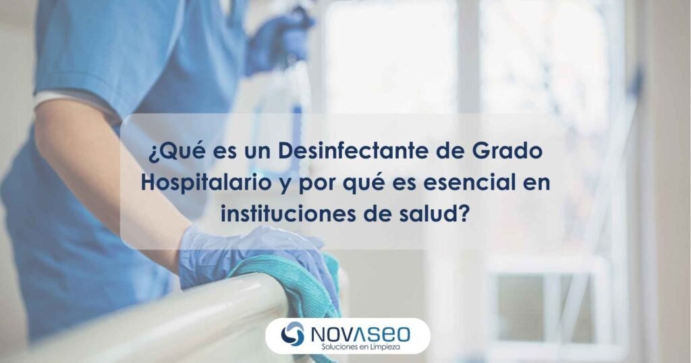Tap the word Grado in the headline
pos(507,151)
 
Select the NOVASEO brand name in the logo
pos(360,335)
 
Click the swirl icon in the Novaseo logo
pos(292,333)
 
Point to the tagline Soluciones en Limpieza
pos(360,347)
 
